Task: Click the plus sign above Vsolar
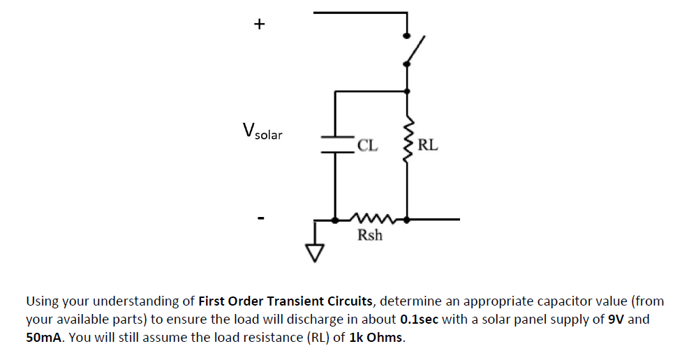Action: pyautogui.click(x=260, y=24)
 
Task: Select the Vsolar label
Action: pyautogui.click(x=262, y=131)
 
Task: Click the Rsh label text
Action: pyautogui.click(x=370, y=235)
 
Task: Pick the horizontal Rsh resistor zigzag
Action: pyautogui.click(x=371, y=218)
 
